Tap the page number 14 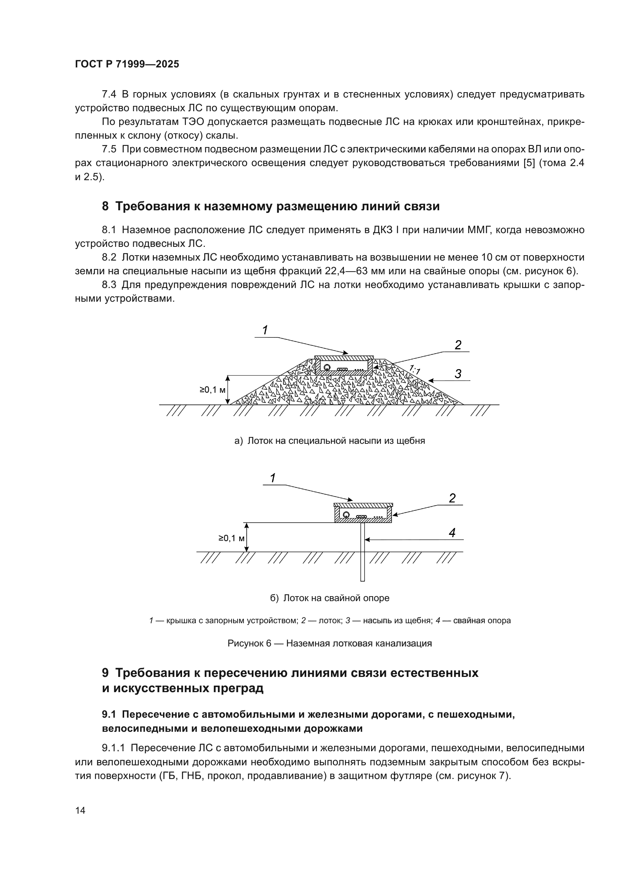[80, 810]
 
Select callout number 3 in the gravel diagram [458, 374]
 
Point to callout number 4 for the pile [452, 533]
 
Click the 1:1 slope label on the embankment [415, 370]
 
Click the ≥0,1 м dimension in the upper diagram [212, 390]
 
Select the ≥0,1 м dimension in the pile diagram [231, 538]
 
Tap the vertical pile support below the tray [362, 551]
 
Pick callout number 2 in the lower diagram [452, 498]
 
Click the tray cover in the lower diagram [363, 505]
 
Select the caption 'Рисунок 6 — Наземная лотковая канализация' [329, 643]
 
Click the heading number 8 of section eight [105, 206]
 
